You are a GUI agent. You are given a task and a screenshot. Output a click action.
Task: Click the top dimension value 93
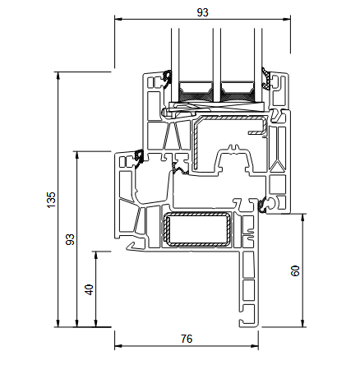(x=202, y=12)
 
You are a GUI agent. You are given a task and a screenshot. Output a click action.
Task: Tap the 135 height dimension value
(x=51, y=200)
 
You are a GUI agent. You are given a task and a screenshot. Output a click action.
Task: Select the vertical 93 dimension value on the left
(x=71, y=239)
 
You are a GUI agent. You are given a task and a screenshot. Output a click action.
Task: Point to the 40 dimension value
(x=90, y=289)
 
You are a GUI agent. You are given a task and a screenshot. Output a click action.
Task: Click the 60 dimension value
(x=295, y=270)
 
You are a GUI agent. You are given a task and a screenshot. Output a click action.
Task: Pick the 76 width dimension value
(x=187, y=339)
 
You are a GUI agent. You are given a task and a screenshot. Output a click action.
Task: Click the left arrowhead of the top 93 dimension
(x=118, y=19)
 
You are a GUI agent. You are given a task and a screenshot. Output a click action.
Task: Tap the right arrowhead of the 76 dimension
(x=255, y=347)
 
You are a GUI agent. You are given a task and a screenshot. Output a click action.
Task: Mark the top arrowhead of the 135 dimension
(x=58, y=76)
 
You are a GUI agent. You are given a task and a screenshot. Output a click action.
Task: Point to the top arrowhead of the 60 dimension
(x=302, y=218)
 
